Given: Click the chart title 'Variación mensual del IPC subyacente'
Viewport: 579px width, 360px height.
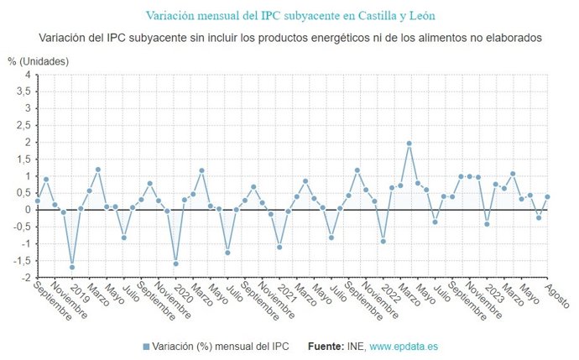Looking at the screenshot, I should pyautogui.click(x=290, y=15).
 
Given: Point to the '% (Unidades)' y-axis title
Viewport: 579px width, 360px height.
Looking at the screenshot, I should pyautogui.click(x=39, y=61).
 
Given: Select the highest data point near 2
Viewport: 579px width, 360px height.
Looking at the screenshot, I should pyautogui.click(x=409, y=143).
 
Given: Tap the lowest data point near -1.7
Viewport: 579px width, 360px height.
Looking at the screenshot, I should pyautogui.click(x=71, y=268).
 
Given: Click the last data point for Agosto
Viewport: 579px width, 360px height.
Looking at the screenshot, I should pyautogui.click(x=547, y=197).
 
